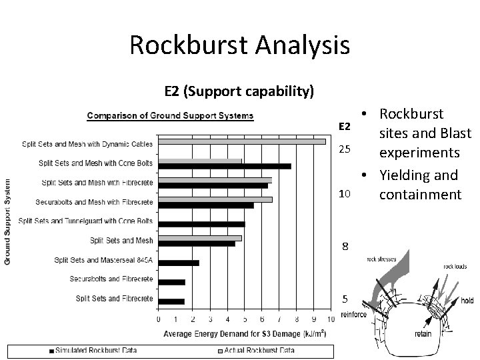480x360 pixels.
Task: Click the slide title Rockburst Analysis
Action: (x=239, y=45)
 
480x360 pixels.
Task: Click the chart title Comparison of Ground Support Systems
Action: (x=171, y=116)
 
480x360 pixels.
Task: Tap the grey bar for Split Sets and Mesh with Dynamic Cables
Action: (x=241, y=141)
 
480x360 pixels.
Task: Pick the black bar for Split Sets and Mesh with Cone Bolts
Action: (x=224, y=166)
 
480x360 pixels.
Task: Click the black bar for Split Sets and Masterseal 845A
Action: (x=178, y=263)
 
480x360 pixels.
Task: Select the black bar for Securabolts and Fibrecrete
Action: (x=171, y=281)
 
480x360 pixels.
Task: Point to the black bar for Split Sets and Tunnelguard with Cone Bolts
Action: (x=201, y=224)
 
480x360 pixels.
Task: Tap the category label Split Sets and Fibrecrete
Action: (x=114, y=298)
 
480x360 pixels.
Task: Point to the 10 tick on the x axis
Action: (x=331, y=319)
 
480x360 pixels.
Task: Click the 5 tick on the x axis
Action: (x=245, y=319)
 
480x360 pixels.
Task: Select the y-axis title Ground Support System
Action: (x=9, y=221)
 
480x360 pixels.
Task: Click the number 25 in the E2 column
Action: (x=345, y=147)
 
